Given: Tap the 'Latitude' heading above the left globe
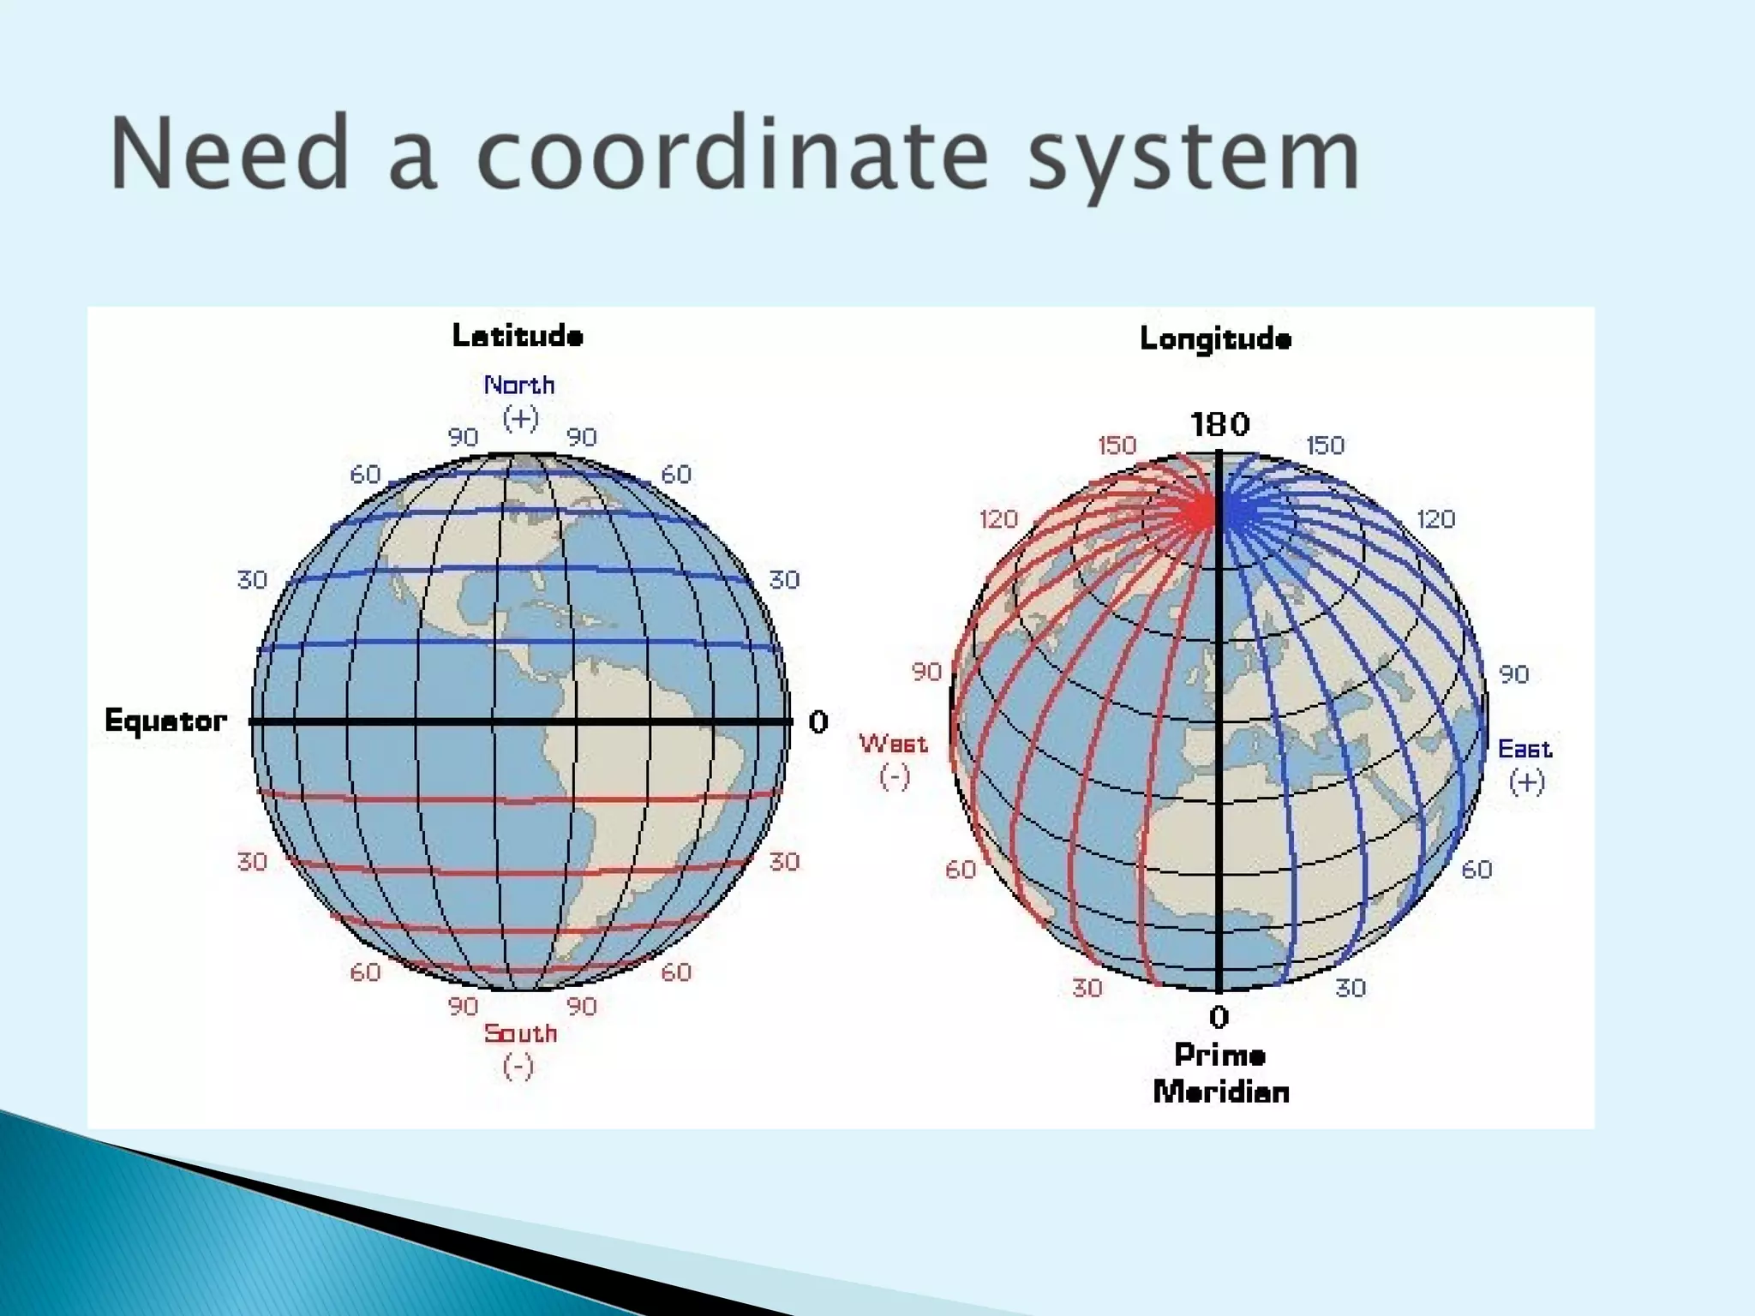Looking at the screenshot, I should tap(518, 336).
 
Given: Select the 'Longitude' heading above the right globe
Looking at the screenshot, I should tap(1215, 339).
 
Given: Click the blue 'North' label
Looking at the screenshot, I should tap(519, 386).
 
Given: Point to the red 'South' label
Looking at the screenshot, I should tap(520, 1033).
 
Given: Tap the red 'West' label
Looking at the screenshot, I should tap(893, 743).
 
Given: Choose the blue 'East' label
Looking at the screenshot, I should tap(1524, 749).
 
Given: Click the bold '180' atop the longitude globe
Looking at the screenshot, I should tap(1220, 424).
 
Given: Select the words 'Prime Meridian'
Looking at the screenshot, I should tap(1220, 1074).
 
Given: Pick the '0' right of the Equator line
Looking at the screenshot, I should tap(818, 722).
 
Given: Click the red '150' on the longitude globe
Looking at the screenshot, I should tap(1117, 446).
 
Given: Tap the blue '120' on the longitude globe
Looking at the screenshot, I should tap(1435, 519).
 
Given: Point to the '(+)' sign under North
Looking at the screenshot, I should tap(520, 419).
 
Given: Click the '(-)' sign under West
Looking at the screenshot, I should tap(894, 776).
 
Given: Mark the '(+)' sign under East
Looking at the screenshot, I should tap(1526, 781).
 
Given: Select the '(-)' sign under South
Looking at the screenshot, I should tap(518, 1067).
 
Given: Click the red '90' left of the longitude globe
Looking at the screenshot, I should tap(926, 672).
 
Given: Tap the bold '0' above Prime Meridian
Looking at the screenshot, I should tap(1219, 1017).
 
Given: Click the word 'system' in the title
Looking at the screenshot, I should tap(1193, 154).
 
